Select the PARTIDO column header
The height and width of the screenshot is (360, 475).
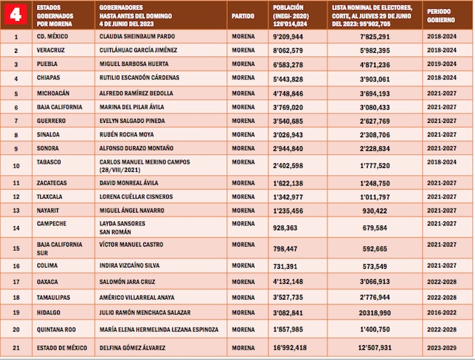click(x=243, y=15)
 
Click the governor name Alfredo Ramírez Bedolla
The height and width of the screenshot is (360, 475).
click(x=136, y=92)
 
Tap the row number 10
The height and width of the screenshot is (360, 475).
click(x=16, y=165)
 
